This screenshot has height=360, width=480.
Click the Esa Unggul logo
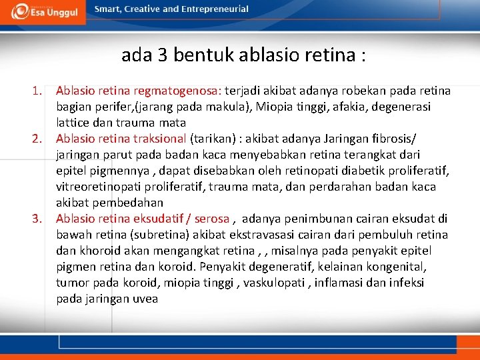[x=43, y=11]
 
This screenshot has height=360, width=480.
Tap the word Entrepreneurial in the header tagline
[x=215, y=9]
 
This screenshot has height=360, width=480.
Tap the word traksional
[x=160, y=139]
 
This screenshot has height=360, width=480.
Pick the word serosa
[x=211, y=219]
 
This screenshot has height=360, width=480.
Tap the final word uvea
[x=145, y=299]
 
